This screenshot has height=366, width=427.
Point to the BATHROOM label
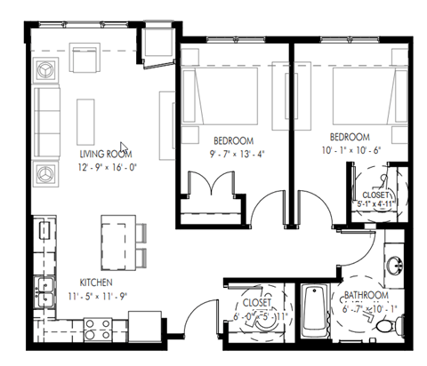coord(367,295)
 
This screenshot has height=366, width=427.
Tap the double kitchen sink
coord(41,288)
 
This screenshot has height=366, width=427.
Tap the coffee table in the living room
coord(86,115)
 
